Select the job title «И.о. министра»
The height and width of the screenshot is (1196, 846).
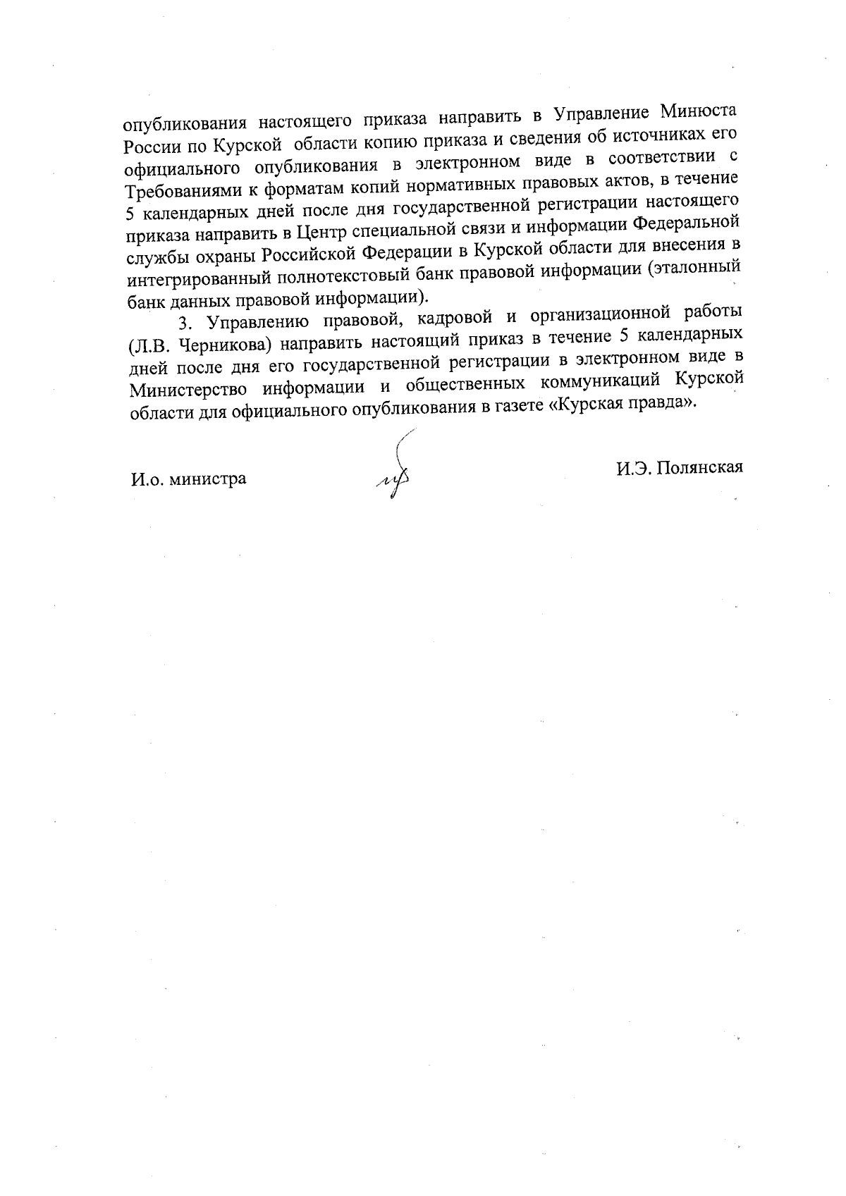(188, 479)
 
